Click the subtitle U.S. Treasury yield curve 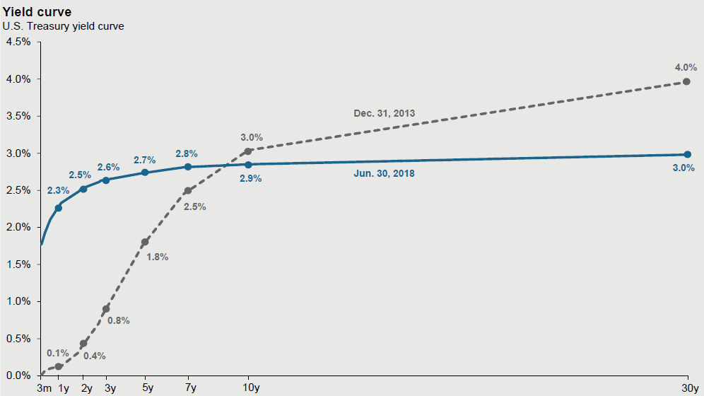coord(53,26)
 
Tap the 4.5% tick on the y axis coord(18,42)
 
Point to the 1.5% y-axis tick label coord(18,264)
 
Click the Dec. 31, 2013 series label coord(384,113)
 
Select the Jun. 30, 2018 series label coord(384,173)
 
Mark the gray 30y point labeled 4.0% coord(686,82)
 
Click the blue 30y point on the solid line coord(687,154)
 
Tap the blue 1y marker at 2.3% coord(58,208)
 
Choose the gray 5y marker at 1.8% coord(145,242)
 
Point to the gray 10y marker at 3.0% coord(248,151)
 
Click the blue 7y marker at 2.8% coord(188,167)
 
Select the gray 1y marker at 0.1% coord(58,366)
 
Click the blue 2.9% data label coord(250,179)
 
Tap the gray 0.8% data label coord(119,320)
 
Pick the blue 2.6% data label coord(108,167)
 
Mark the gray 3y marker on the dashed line coord(106,309)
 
